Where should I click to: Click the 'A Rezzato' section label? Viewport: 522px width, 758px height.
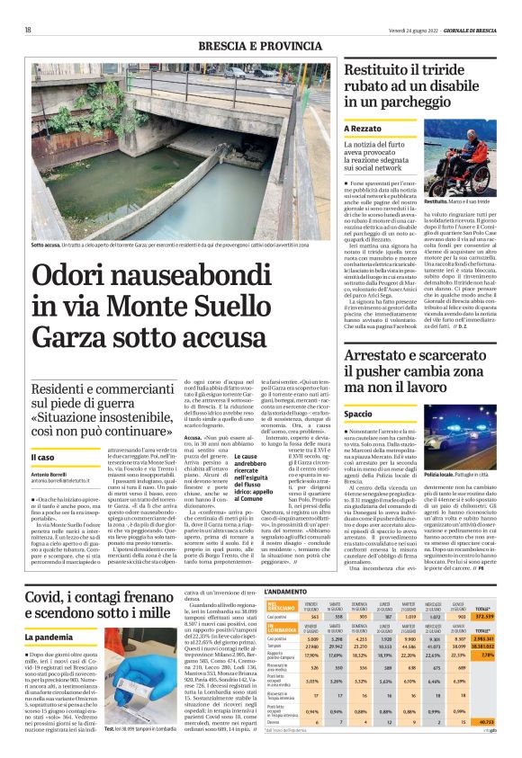[364, 129]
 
